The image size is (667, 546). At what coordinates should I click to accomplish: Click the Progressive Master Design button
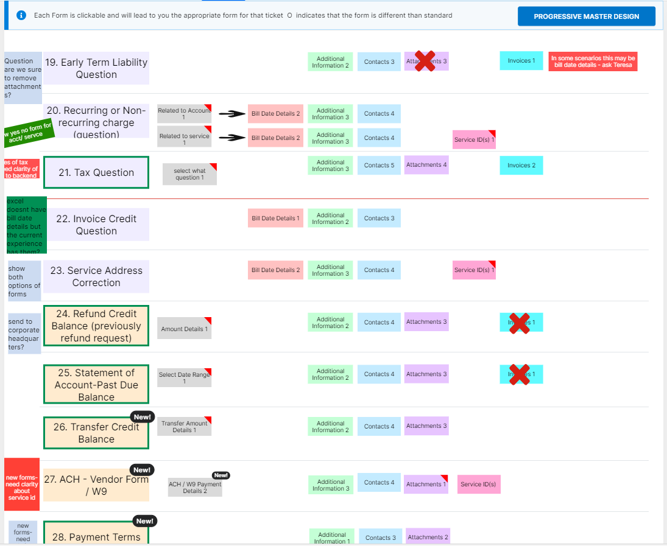(x=586, y=16)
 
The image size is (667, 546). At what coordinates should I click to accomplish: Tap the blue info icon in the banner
(x=22, y=15)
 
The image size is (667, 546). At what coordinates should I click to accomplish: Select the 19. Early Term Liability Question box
(x=96, y=68)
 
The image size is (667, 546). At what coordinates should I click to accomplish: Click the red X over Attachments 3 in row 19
(x=425, y=61)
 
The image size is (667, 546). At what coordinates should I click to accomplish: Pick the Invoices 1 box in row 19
(x=521, y=61)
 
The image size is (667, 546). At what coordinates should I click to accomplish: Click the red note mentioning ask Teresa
(x=593, y=61)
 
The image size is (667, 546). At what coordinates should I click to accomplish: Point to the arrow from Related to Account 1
(x=231, y=114)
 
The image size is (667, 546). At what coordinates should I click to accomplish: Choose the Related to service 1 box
(x=184, y=139)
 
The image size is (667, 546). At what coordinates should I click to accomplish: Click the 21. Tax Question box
(x=96, y=172)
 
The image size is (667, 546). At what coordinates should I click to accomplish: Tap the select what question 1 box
(x=189, y=174)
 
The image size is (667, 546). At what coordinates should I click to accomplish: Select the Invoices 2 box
(x=521, y=165)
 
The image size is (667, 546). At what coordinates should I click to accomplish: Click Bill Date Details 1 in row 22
(x=275, y=218)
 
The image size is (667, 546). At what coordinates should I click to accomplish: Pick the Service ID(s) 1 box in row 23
(x=474, y=270)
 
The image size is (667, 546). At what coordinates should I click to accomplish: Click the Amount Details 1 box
(x=184, y=329)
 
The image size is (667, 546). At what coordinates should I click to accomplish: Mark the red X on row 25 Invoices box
(x=519, y=374)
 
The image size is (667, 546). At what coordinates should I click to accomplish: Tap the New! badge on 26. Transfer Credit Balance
(x=143, y=417)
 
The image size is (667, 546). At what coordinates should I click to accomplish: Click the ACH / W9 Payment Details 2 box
(x=195, y=487)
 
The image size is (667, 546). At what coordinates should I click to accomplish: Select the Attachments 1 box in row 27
(x=426, y=484)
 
